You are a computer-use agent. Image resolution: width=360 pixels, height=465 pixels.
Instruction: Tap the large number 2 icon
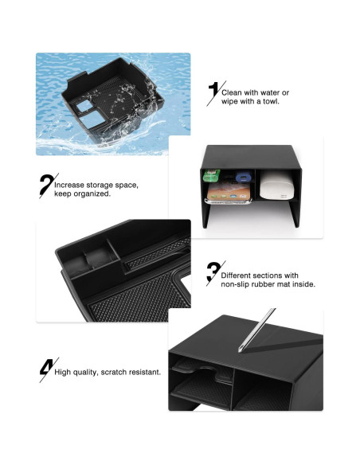45,186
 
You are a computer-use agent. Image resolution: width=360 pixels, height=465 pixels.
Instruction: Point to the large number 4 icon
46,369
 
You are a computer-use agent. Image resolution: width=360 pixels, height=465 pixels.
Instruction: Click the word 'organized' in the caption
91,194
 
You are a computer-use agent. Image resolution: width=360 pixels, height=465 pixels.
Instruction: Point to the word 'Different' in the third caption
237,275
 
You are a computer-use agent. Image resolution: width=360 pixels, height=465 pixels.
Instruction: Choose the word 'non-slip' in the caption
236,284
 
